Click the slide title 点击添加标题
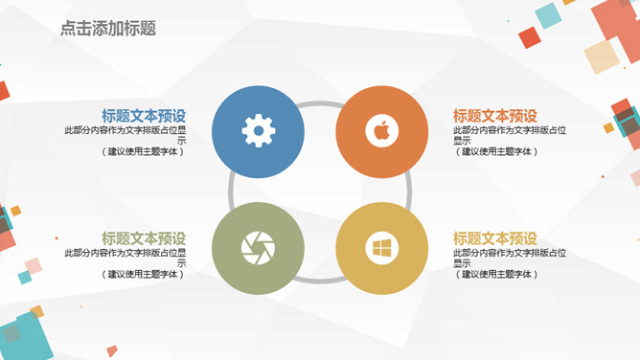[107, 29]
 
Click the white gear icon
[259, 131]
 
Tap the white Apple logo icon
[381, 131]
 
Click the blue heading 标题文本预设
[144, 115]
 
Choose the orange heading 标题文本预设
[495, 115]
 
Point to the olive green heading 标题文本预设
[144, 237]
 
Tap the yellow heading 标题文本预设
[495, 237]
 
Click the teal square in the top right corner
[547, 15]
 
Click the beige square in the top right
[602, 56]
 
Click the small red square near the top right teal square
[530, 37]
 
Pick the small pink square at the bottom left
[33, 265]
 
